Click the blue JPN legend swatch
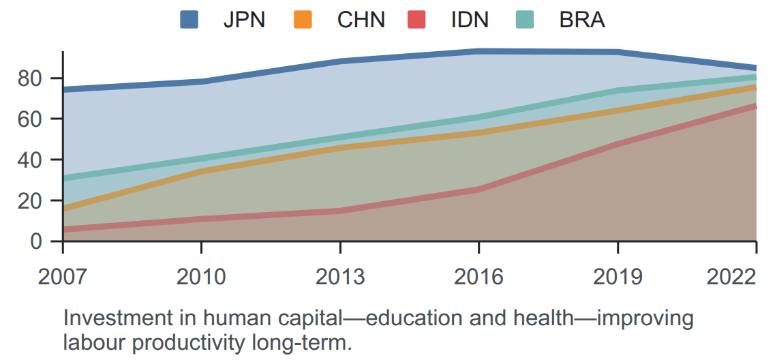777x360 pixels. point(189,20)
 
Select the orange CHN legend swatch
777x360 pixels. point(303,20)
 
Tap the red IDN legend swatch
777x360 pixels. point(416,20)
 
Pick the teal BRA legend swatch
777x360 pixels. point(524,20)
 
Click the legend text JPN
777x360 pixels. point(244,20)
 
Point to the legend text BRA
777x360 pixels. point(582,20)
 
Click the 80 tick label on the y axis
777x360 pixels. point(30,78)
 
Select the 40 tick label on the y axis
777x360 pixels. point(30,160)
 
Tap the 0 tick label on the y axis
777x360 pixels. point(37,241)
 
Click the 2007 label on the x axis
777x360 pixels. point(63,277)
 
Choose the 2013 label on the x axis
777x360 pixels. point(340,277)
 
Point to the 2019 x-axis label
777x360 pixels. point(618,277)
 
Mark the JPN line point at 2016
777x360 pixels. point(478,51)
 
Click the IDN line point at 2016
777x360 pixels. point(478,190)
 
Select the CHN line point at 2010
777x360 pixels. point(201,171)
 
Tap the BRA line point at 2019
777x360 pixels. point(618,90)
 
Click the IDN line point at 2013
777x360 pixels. point(340,211)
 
